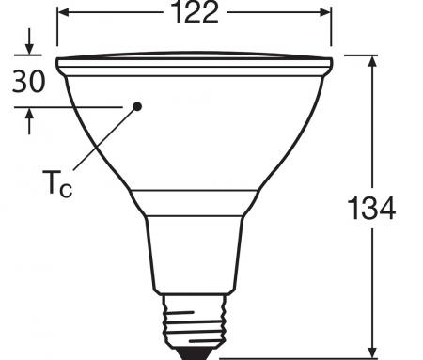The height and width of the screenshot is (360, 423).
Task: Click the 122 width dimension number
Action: click(x=195, y=13)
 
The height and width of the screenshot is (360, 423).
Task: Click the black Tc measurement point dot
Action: click(x=137, y=106)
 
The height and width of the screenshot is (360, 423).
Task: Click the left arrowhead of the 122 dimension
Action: click(x=64, y=13)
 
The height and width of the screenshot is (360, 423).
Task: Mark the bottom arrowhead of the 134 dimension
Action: click(x=374, y=350)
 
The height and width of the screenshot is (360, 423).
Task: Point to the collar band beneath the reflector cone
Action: click(x=195, y=201)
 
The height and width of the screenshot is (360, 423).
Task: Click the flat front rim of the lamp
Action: click(x=195, y=66)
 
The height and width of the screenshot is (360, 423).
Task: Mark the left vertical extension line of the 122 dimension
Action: click(x=57, y=33)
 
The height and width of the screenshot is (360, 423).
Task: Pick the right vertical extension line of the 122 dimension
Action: click(x=332, y=33)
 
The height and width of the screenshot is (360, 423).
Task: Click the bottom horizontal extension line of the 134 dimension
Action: click(x=301, y=357)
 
